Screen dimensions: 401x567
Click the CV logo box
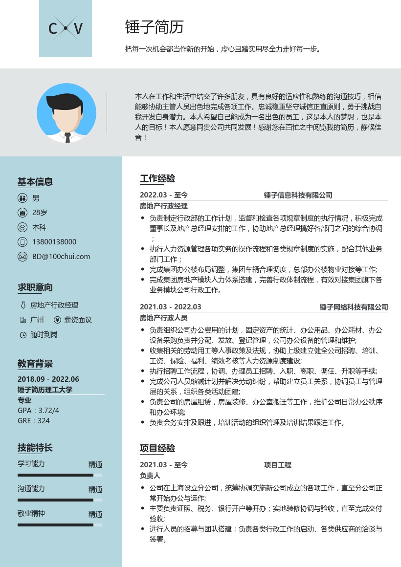[66, 28]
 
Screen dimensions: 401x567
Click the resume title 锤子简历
[154, 27]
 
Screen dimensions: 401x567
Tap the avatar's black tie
[67, 137]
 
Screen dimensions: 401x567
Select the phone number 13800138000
[54, 242]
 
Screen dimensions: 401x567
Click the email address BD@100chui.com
[61, 257]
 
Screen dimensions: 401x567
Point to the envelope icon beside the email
[22, 257]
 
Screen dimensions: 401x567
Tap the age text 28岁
[40, 213]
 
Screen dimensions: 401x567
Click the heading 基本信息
[35, 182]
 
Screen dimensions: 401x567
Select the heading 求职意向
[35, 287]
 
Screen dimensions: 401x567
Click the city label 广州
[37, 320]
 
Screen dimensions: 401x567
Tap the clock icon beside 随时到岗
[22, 335]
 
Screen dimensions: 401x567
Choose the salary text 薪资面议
[78, 320]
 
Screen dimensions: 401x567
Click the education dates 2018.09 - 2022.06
[48, 379]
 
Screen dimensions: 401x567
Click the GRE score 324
[44, 420]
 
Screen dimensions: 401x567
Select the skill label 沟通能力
[31, 489]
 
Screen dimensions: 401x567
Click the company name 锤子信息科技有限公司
[298, 196]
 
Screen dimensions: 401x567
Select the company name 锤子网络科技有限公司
[354, 307]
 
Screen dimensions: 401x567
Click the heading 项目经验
[157, 449]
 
